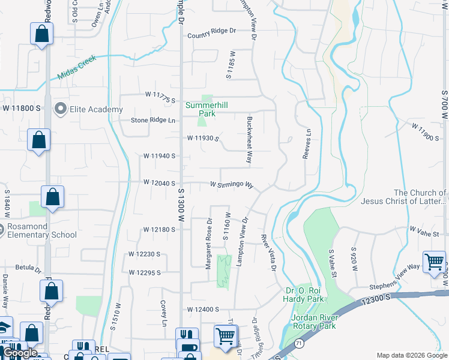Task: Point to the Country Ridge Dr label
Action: pos(212,35)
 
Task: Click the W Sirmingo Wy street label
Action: pos(231,185)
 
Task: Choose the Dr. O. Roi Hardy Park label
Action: pos(304,295)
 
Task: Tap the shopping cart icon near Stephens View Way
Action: pos(433,262)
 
